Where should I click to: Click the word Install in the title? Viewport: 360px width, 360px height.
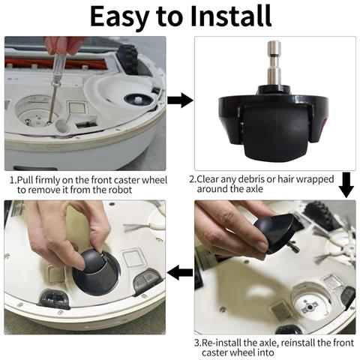[x=231, y=16]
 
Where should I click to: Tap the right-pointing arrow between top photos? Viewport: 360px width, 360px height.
[x=180, y=100]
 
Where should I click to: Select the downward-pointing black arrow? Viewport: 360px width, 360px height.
[x=346, y=184]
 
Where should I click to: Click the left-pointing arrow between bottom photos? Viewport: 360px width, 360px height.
[x=180, y=272]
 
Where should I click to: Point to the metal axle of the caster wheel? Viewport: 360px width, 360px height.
[x=274, y=63]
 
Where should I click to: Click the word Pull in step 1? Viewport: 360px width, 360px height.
[x=25, y=180]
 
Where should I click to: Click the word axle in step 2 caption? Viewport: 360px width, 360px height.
[x=253, y=189]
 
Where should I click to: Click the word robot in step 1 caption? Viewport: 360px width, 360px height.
[x=120, y=190]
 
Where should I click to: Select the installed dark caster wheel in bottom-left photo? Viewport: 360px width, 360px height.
[x=96, y=272]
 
